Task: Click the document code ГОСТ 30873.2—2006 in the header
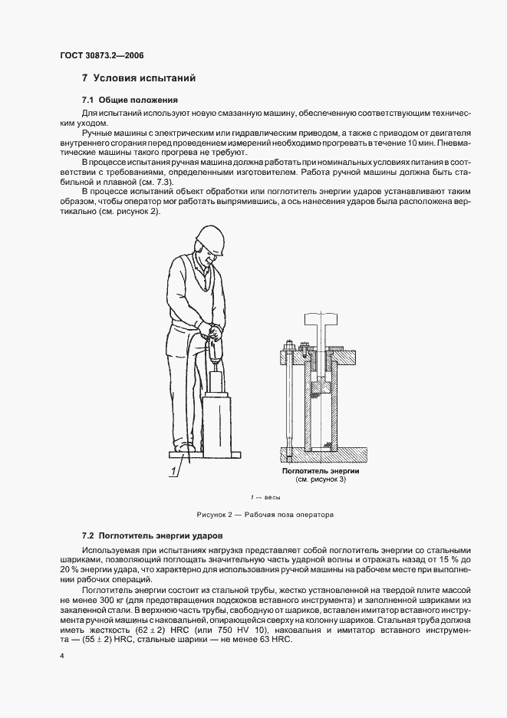pyautogui.click(x=101, y=55)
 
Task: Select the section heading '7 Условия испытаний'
pyautogui.click(x=140, y=78)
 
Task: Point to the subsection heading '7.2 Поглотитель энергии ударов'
pyautogui.click(x=152, y=534)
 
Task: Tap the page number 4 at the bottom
pyautogui.click(x=61, y=656)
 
